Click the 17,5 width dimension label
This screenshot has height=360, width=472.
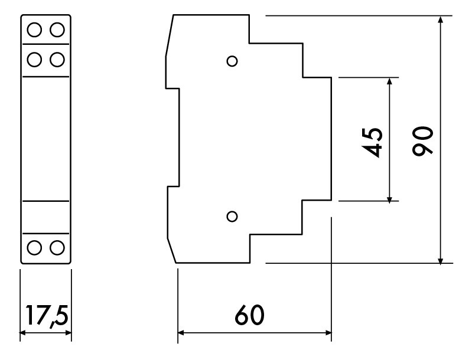point(47,316)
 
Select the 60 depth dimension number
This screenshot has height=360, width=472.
point(249,315)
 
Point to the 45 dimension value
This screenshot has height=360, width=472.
point(372,142)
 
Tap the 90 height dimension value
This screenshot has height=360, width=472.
point(422,140)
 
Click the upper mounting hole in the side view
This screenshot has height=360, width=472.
point(232,61)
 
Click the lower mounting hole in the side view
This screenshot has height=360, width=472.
point(232,216)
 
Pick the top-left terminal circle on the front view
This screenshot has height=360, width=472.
point(34,30)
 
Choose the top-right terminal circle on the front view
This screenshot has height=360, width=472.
point(57,30)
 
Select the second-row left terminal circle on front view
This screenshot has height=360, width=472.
point(34,60)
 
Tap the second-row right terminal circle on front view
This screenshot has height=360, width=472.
point(57,60)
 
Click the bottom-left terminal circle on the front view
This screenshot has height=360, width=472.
point(34,248)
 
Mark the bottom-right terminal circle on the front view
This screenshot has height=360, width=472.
point(57,248)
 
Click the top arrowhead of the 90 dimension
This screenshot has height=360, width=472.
point(441,19)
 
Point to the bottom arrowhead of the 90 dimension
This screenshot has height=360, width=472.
point(441,260)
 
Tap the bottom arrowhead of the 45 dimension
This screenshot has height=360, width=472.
point(389,198)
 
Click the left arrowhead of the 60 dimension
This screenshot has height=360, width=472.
point(181,333)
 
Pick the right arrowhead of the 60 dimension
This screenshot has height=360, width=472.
point(328,333)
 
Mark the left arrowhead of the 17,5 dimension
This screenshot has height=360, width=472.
point(24,333)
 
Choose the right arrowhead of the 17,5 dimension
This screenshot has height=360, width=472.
point(68,333)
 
